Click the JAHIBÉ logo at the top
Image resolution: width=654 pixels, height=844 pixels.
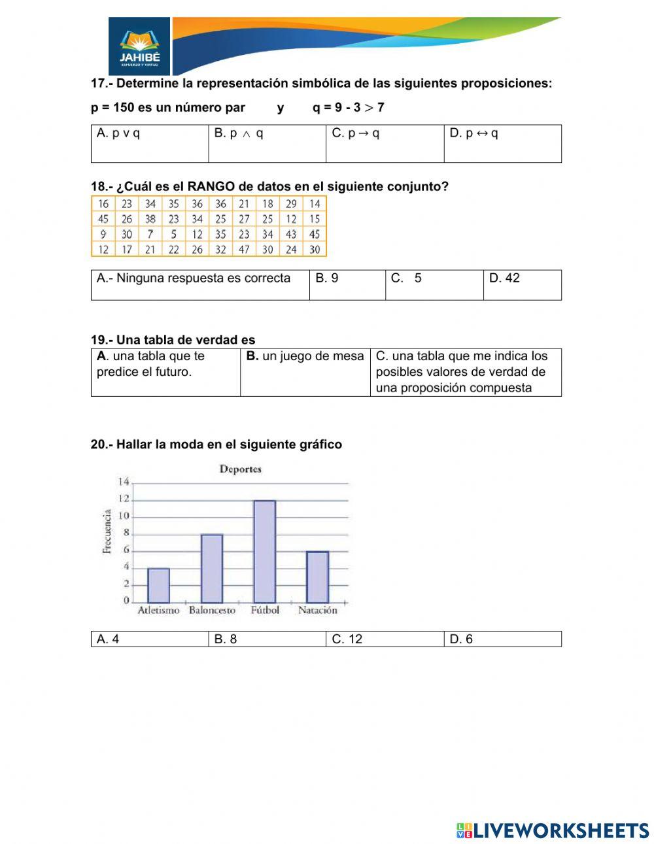click(x=139, y=46)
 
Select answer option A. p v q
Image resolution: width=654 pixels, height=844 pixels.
click(x=118, y=133)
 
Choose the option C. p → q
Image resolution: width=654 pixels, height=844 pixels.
click(x=356, y=133)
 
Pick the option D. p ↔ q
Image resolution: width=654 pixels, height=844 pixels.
click(x=473, y=133)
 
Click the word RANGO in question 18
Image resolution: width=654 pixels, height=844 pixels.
click(x=211, y=186)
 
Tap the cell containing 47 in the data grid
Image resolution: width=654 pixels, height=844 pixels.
click(x=244, y=249)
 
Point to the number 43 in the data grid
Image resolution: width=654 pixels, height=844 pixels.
click(x=291, y=234)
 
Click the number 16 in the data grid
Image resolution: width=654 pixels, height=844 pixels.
click(x=103, y=204)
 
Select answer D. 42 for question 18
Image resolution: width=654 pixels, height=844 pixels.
click(x=504, y=278)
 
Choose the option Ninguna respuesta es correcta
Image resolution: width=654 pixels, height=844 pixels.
click(x=194, y=278)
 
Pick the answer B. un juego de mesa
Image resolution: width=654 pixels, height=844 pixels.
click(x=305, y=356)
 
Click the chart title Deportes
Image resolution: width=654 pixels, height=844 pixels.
click(x=240, y=469)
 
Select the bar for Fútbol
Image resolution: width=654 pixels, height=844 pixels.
click(x=264, y=552)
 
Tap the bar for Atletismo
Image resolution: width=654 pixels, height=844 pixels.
click(x=158, y=585)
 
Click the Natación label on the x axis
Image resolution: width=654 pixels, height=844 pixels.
click(x=317, y=610)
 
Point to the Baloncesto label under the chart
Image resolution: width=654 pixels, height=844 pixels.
click(x=212, y=610)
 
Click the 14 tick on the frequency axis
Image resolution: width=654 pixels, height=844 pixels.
click(x=123, y=482)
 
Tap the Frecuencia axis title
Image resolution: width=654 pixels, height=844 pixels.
click(x=107, y=532)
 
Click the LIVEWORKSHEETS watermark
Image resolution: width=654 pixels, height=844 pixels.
click(x=553, y=830)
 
